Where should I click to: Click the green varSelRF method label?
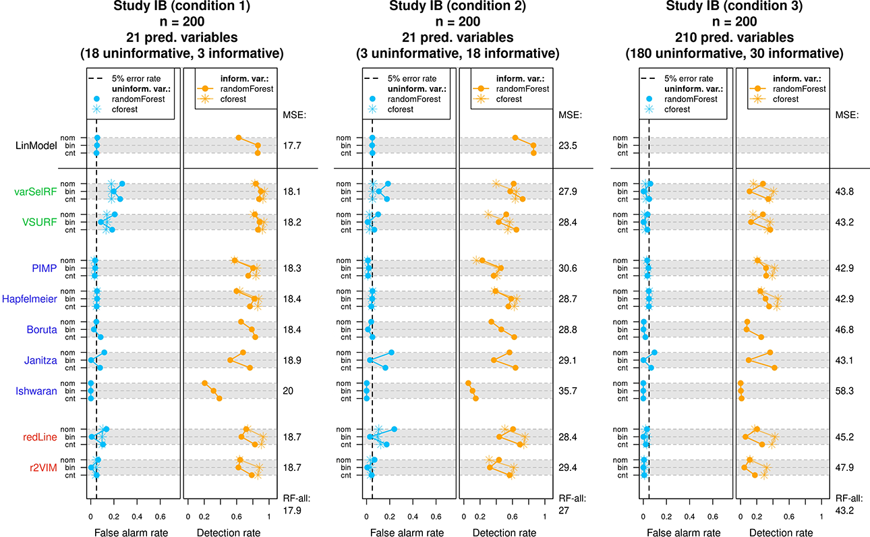[36, 192]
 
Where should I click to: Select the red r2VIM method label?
[43, 468]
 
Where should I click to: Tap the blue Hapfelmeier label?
[30, 299]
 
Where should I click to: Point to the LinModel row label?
[36, 146]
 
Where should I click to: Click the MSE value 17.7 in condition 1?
[292, 146]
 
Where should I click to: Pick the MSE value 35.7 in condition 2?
[568, 391]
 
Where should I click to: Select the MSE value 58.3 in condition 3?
[844, 391]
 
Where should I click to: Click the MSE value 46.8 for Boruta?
[844, 329]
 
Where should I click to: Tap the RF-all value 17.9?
[292, 510]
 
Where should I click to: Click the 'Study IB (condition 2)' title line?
[457, 6]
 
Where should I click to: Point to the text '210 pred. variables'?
[734, 37]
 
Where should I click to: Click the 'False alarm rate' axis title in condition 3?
[684, 532]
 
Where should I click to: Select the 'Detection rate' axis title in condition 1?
[229, 532]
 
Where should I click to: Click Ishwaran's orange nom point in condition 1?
[204, 383]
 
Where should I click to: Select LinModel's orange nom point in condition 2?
[515, 138]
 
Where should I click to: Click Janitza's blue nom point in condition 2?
[391, 352]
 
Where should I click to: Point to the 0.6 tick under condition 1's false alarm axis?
[160, 517]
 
